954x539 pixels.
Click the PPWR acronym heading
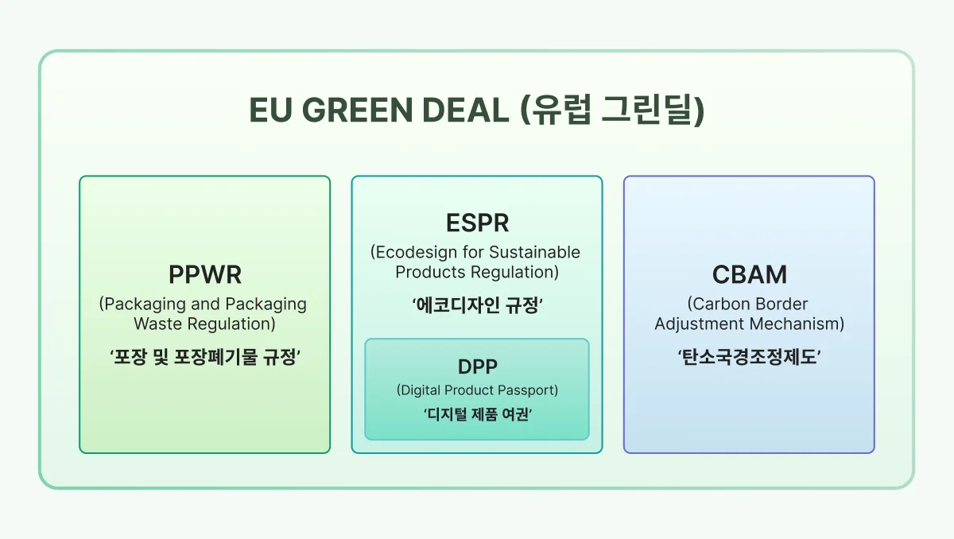pos(204,275)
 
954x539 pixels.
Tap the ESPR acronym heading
pos(477,223)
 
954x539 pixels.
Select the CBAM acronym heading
pos(749,275)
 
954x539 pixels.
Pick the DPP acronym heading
pos(477,367)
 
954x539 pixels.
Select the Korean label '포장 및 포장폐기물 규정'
pos(204,358)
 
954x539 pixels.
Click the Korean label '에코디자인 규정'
pos(477,305)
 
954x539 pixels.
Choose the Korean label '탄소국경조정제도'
pos(749,358)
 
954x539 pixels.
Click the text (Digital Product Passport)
pos(477,390)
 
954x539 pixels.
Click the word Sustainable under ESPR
pos(534,253)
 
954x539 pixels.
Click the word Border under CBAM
pos(782,304)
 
